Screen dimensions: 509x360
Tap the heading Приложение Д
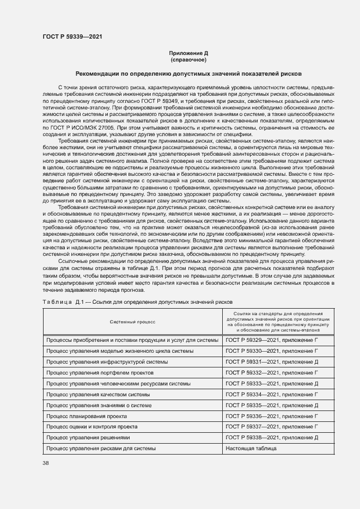tap(188, 53)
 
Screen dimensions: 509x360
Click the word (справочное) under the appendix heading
tap(188, 59)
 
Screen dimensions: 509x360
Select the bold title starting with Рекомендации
tap(188, 73)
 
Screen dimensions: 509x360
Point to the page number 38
tap(46, 463)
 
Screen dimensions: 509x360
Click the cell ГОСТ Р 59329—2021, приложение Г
tap(271, 340)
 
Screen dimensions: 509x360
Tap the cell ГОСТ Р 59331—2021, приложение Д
tap(271, 361)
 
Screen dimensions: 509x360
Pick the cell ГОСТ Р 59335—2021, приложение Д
tap(271, 405)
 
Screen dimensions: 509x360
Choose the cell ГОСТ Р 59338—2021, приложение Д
tap(271, 437)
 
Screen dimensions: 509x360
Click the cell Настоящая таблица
tap(251, 448)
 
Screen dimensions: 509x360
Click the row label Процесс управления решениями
tap(88, 437)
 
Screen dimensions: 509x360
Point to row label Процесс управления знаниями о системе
tap(98, 405)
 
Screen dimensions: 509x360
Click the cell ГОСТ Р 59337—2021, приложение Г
tap(271, 427)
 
